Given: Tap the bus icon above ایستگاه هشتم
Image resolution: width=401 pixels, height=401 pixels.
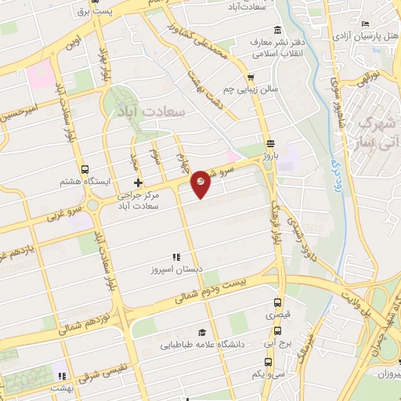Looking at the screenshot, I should tap(85, 169).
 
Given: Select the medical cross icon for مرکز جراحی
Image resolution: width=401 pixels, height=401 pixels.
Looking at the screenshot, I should tap(139, 182).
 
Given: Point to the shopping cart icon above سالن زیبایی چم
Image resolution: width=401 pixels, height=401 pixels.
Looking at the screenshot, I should tap(250, 77).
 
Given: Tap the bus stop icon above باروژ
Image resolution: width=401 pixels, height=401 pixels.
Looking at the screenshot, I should tap(270, 143).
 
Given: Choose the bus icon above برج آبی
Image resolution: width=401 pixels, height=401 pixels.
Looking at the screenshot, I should tap(269, 332).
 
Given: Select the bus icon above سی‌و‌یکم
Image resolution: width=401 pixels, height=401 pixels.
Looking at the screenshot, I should tap(268, 362).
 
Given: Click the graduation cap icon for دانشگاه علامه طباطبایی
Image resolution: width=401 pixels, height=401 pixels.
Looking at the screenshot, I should tap(202, 332).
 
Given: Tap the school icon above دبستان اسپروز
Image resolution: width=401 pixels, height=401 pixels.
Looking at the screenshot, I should tap(176, 256).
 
